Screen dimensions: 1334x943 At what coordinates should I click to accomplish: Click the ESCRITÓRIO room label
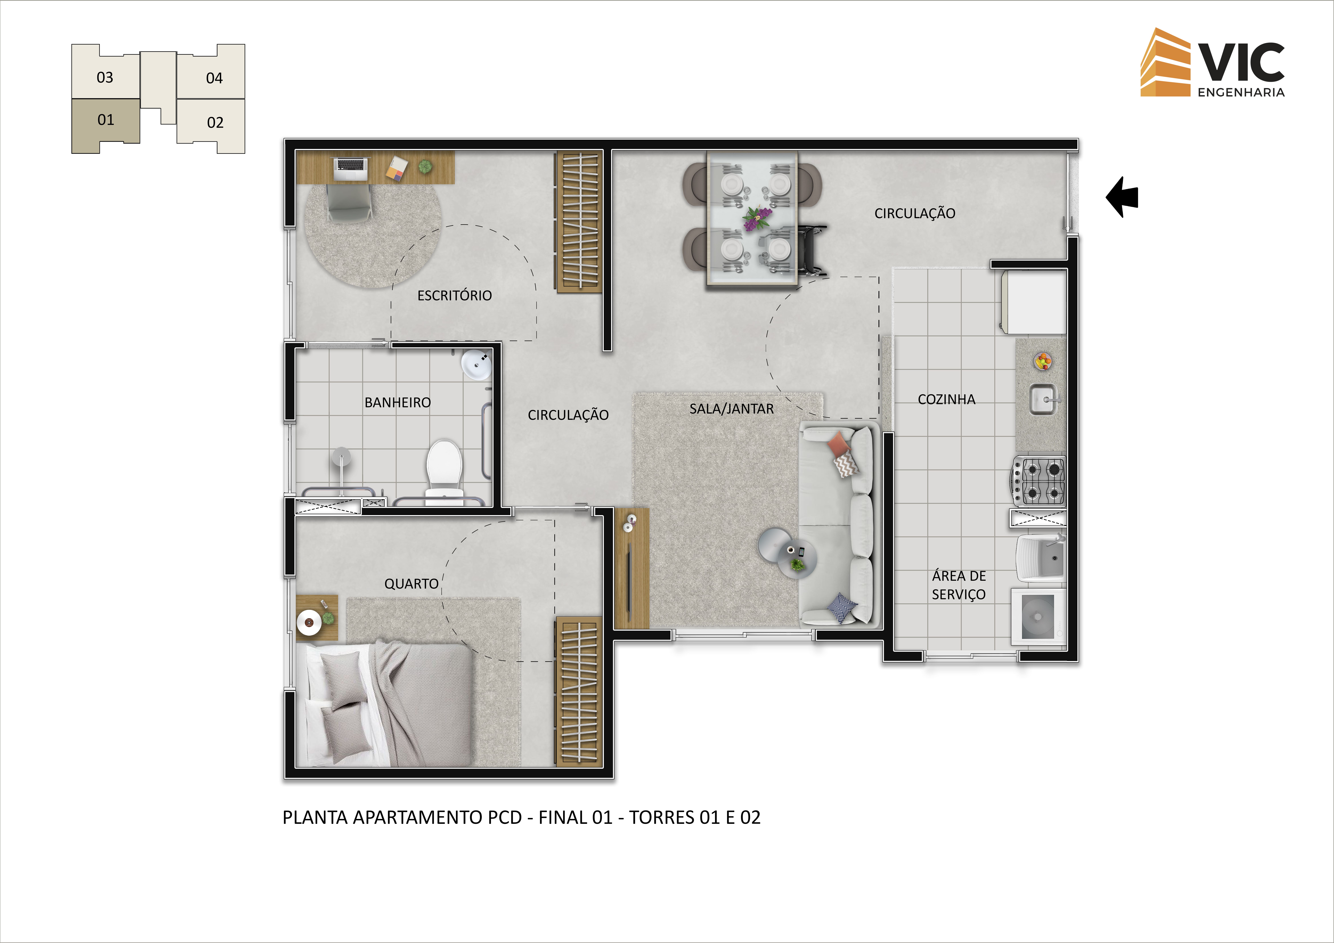coord(454,295)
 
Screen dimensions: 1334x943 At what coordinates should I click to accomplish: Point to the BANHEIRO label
coord(397,402)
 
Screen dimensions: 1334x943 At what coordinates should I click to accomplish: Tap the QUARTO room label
coord(411,584)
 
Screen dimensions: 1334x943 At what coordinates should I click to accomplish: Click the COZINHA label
coord(946,399)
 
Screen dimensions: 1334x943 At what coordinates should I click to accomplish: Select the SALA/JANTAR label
coord(732,409)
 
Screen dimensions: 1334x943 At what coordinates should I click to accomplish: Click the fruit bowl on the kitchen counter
coord(1043,361)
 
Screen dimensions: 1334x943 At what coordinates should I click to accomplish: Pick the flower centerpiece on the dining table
coord(758,218)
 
